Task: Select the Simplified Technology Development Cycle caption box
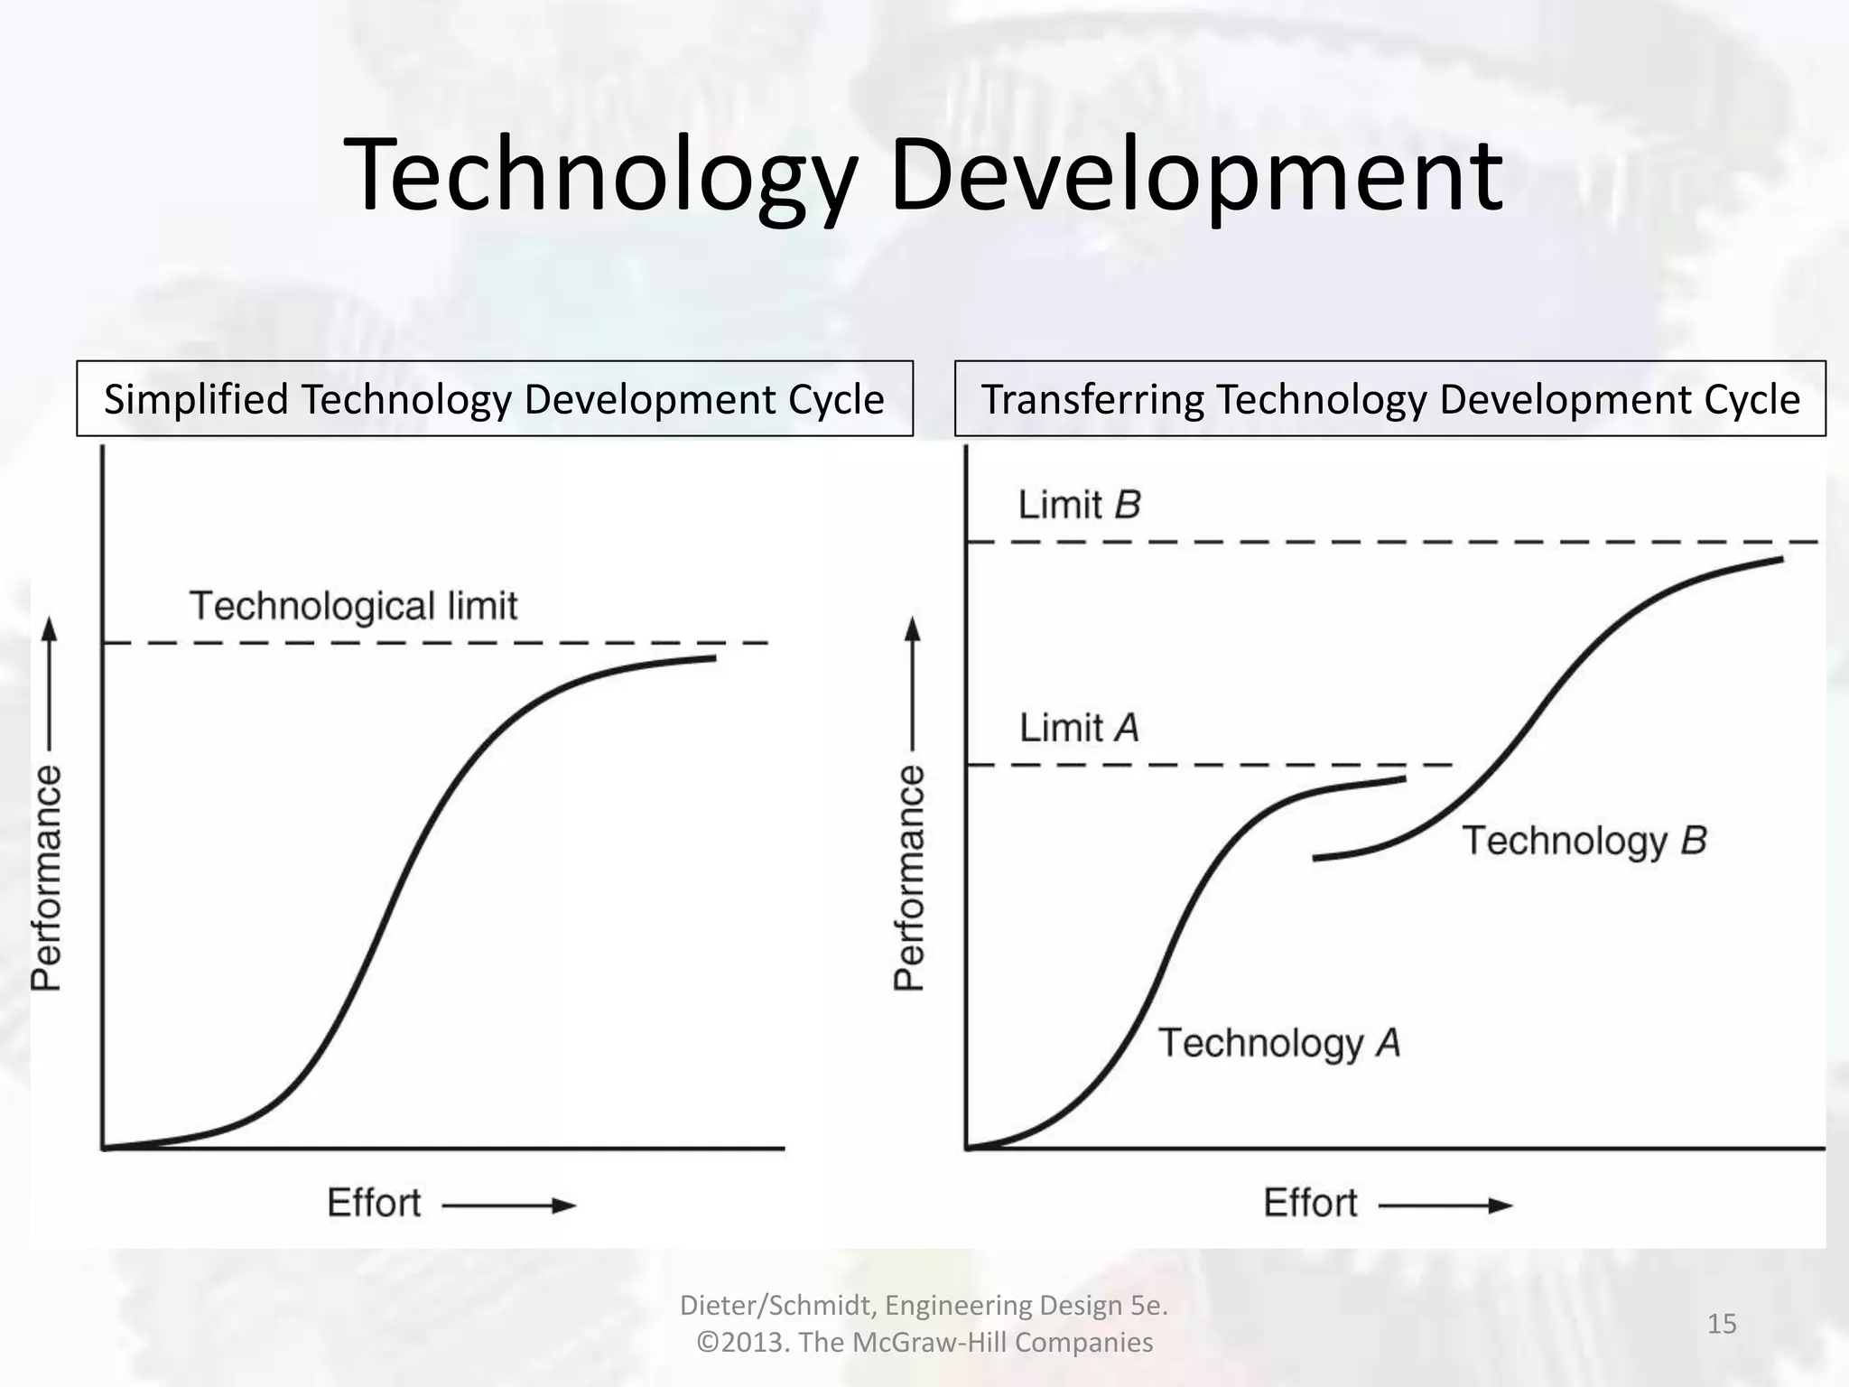494,399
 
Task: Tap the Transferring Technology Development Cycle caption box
1389,399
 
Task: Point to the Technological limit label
353,606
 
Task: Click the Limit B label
1079,505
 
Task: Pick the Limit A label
1079,728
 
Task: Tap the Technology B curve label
1584,841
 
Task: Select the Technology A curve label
1279,1043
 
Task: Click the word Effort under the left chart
374,1204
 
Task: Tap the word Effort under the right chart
1310,1204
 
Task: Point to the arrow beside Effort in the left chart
510,1205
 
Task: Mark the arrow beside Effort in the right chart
1446,1205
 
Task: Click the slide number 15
1722,1324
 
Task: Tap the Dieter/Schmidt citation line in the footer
924,1305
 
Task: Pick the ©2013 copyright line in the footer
924,1343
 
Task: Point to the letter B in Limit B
1128,505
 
